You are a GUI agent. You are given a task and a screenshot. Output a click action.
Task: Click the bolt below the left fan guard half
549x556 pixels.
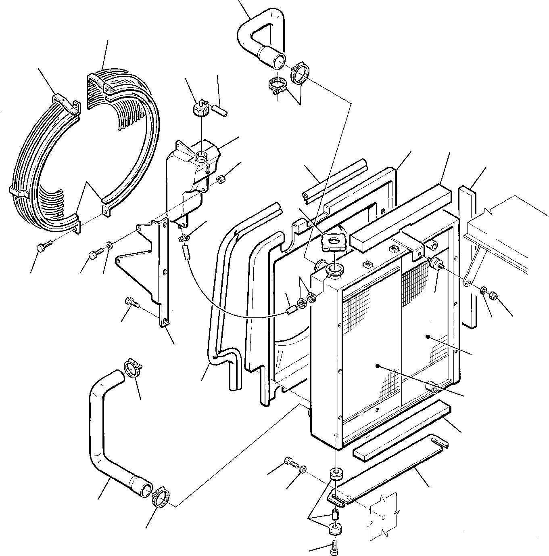43,247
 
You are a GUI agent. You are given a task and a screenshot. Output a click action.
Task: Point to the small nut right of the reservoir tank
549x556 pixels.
221,179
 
